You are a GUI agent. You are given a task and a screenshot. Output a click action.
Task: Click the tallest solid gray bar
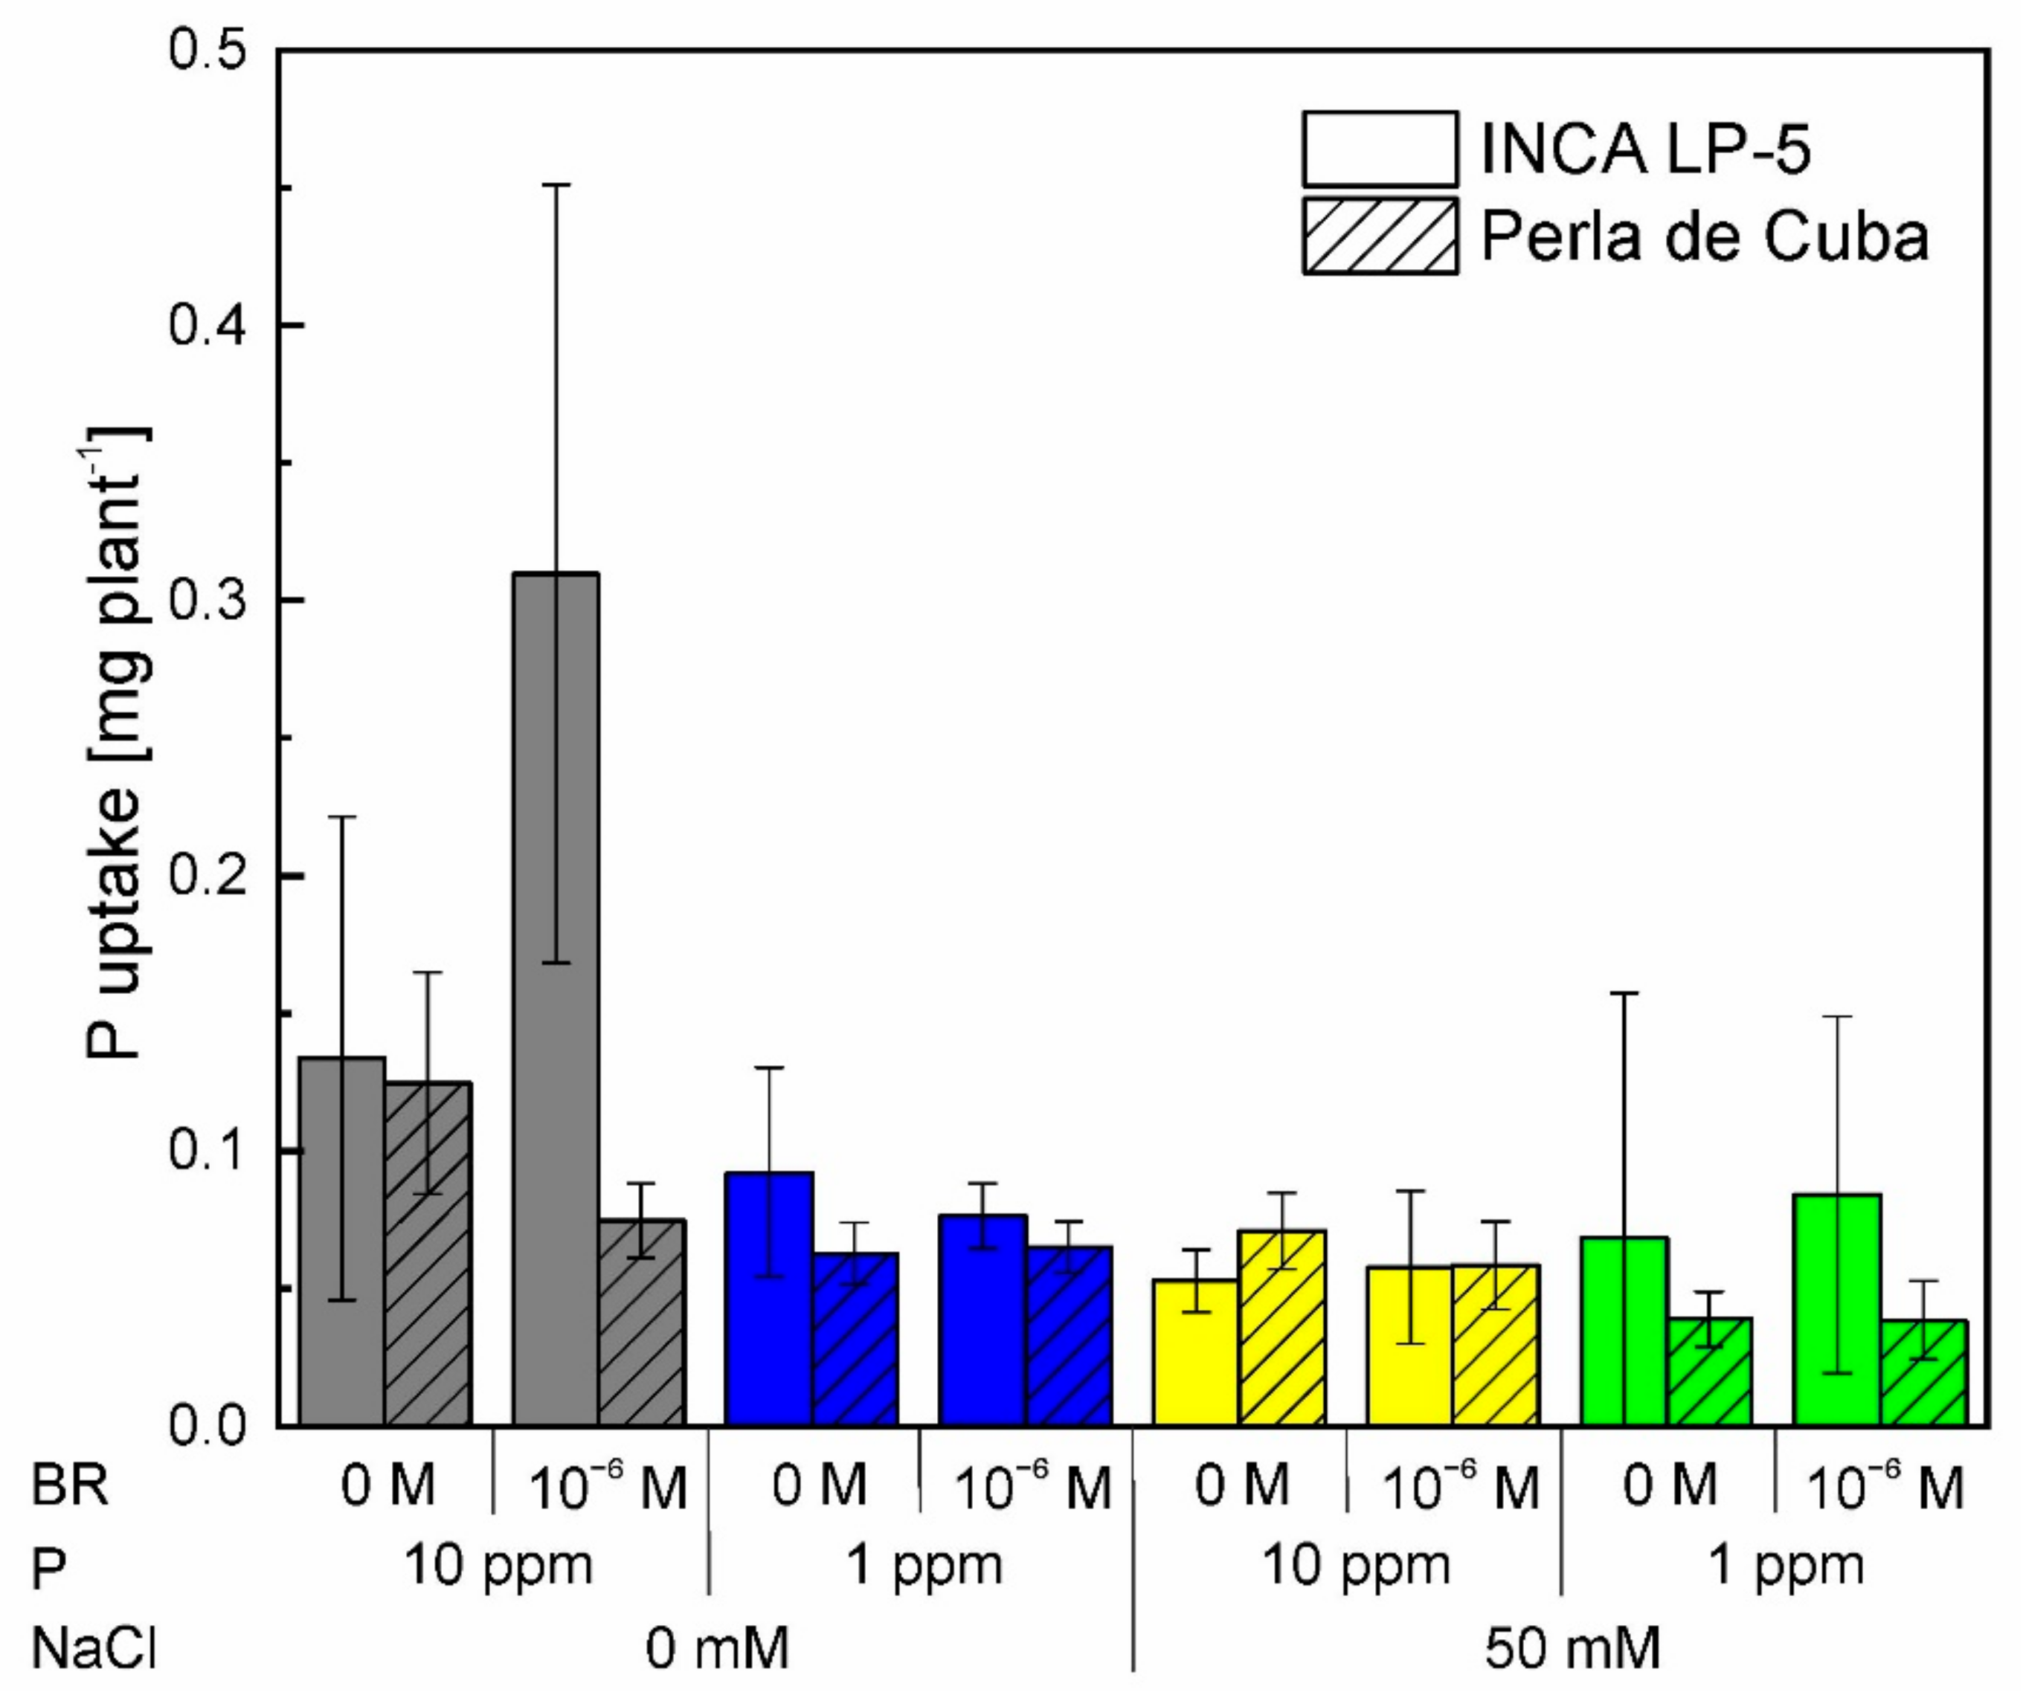click(556, 1001)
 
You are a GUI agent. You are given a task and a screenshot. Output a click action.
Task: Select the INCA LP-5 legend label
click(1645, 150)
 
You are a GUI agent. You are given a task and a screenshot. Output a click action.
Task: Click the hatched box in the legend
click(1380, 237)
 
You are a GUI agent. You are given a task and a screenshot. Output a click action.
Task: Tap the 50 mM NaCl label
click(1572, 1649)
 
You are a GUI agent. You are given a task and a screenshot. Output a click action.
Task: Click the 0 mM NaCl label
click(717, 1649)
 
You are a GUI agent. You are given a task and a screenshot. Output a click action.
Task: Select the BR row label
click(69, 1487)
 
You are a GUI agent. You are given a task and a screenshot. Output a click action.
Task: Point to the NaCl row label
click(92, 1649)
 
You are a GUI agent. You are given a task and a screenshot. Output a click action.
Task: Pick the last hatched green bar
click(1924, 1375)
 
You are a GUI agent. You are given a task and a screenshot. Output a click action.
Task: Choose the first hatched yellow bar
click(1282, 1329)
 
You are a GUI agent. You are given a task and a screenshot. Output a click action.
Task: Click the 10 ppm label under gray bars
click(497, 1567)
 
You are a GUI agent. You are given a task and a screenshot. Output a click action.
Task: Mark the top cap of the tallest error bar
click(556, 184)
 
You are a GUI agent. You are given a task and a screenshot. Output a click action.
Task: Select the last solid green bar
click(1838, 1310)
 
